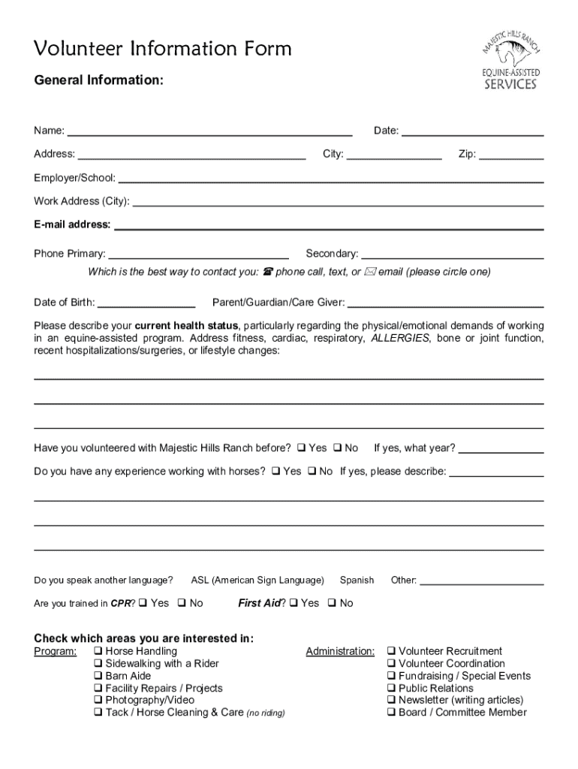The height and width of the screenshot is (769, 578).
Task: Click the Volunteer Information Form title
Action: (163, 49)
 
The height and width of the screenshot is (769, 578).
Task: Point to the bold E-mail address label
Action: (72, 225)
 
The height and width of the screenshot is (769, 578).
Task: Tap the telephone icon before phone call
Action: (267, 272)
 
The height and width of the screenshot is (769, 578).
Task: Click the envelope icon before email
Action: (369, 272)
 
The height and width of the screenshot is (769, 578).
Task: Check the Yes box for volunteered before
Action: (301, 448)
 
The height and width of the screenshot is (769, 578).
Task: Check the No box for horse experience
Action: (312, 472)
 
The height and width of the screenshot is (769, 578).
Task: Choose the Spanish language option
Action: (357, 581)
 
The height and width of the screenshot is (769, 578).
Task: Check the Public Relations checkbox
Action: (391, 689)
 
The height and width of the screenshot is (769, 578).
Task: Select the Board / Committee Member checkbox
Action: (391, 713)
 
